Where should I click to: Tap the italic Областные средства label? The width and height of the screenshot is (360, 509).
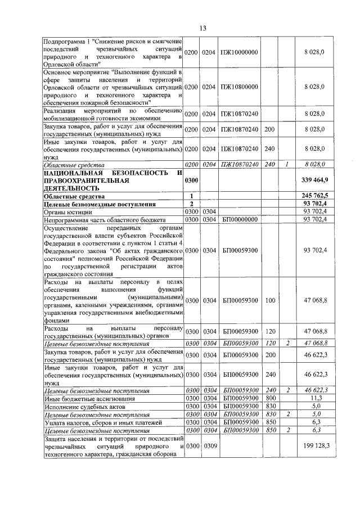[74, 165]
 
